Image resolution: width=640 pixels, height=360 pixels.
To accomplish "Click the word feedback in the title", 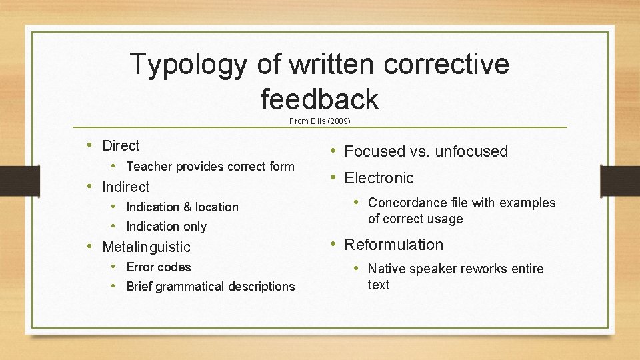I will [320, 99].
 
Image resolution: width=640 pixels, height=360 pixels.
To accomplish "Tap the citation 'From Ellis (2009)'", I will [319, 121].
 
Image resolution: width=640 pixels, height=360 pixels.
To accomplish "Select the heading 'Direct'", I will [121, 145].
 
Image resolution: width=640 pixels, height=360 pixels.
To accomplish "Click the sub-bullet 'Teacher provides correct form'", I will [210, 166].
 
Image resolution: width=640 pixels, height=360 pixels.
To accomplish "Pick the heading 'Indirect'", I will [125, 187].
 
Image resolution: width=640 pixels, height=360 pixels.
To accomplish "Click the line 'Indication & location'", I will [182, 207].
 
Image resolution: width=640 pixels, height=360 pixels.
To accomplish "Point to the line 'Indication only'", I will [166, 227].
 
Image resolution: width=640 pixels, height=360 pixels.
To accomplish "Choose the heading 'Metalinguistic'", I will [146, 247].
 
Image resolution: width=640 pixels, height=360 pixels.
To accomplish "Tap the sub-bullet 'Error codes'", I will [158, 267].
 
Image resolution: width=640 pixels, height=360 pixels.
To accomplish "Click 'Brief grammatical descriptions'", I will [210, 286].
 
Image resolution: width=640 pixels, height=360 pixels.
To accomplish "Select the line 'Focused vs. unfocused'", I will [426, 151].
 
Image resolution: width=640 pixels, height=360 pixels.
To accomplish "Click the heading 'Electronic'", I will [379, 178].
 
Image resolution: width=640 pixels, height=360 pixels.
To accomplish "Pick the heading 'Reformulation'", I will [393, 245].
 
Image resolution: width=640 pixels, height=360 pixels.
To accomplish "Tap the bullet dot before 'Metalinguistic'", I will [90, 247].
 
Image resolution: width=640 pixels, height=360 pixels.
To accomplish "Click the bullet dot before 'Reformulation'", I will [332, 245].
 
